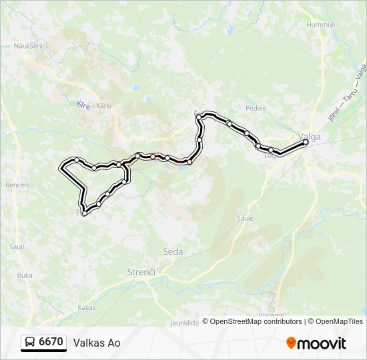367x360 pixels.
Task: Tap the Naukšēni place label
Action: coord(28,46)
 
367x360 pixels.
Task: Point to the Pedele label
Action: coord(256,108)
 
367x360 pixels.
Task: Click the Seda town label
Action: coord(172,251)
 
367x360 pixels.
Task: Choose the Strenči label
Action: coord(141,272)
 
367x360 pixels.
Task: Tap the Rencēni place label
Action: coord(17,185)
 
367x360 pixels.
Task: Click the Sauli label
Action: coord(17,247)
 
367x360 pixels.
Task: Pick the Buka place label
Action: coord(25,275)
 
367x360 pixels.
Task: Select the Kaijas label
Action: coord(87,308)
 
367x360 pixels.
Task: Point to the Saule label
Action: coord(246,218)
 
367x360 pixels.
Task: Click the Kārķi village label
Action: coord(103,105)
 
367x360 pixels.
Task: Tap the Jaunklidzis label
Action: coord(183,322)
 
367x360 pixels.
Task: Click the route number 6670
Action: coord(51,342)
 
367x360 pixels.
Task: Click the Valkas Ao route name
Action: coord(97,343)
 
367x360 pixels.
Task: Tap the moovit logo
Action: coord(316,343)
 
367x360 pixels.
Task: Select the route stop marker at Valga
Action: coord(306,142)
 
